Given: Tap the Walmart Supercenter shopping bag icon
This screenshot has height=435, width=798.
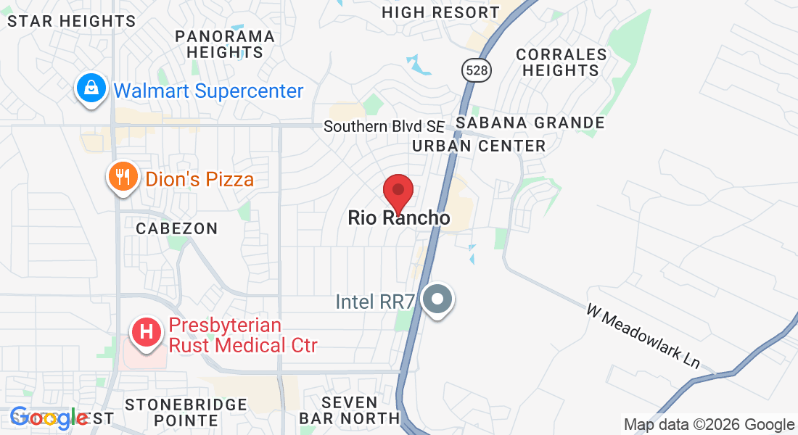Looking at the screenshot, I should tap(91, 89).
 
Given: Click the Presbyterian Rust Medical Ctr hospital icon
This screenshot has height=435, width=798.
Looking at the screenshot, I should tap(146, 333).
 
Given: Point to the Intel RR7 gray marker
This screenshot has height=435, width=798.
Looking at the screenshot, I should tap(437, 299).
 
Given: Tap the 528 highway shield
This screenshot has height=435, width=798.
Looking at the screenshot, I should tap(476, 70).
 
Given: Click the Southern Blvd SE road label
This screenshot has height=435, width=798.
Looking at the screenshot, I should tap(383, 126).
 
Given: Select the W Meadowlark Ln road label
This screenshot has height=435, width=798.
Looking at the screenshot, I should tap(643, 336).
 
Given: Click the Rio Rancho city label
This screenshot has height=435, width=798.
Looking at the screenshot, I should tap(399, 217).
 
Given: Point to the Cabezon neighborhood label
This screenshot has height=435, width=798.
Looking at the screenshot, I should tap(177, 228).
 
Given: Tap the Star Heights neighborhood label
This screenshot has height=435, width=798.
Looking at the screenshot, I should tap(71, 21).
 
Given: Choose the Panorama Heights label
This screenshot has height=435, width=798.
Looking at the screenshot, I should tap(225, 44).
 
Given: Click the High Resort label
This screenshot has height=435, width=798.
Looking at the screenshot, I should tap(440, 12).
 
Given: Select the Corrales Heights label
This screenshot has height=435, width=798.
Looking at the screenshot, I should tap(561, 62).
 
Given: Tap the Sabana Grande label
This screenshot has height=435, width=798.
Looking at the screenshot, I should tap(530, 123).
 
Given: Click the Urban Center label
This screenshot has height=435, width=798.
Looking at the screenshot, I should tap(479, 146).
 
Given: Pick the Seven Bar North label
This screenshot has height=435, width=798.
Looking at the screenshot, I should tap(350, 410).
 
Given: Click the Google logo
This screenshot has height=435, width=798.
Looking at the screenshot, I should tap(49, 418).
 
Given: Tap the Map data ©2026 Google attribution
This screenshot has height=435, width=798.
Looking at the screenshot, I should tap(709, 425).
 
